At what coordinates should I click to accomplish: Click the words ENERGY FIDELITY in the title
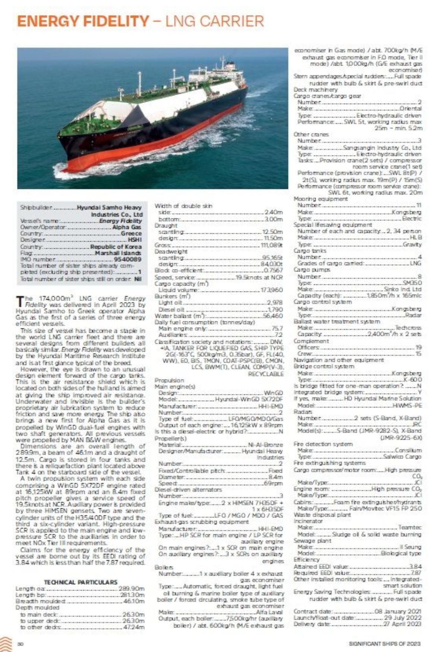click(x=83, y=21)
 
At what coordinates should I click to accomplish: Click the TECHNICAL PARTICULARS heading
click(x=80, y=582)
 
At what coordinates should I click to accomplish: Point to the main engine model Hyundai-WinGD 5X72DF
click(x=249, y=399)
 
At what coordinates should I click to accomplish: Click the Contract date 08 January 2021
click(x=398, y=611)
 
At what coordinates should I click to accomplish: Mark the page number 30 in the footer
click(x=21, y=644)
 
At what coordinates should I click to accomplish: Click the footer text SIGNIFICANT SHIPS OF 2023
click(x=385, y=644)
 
